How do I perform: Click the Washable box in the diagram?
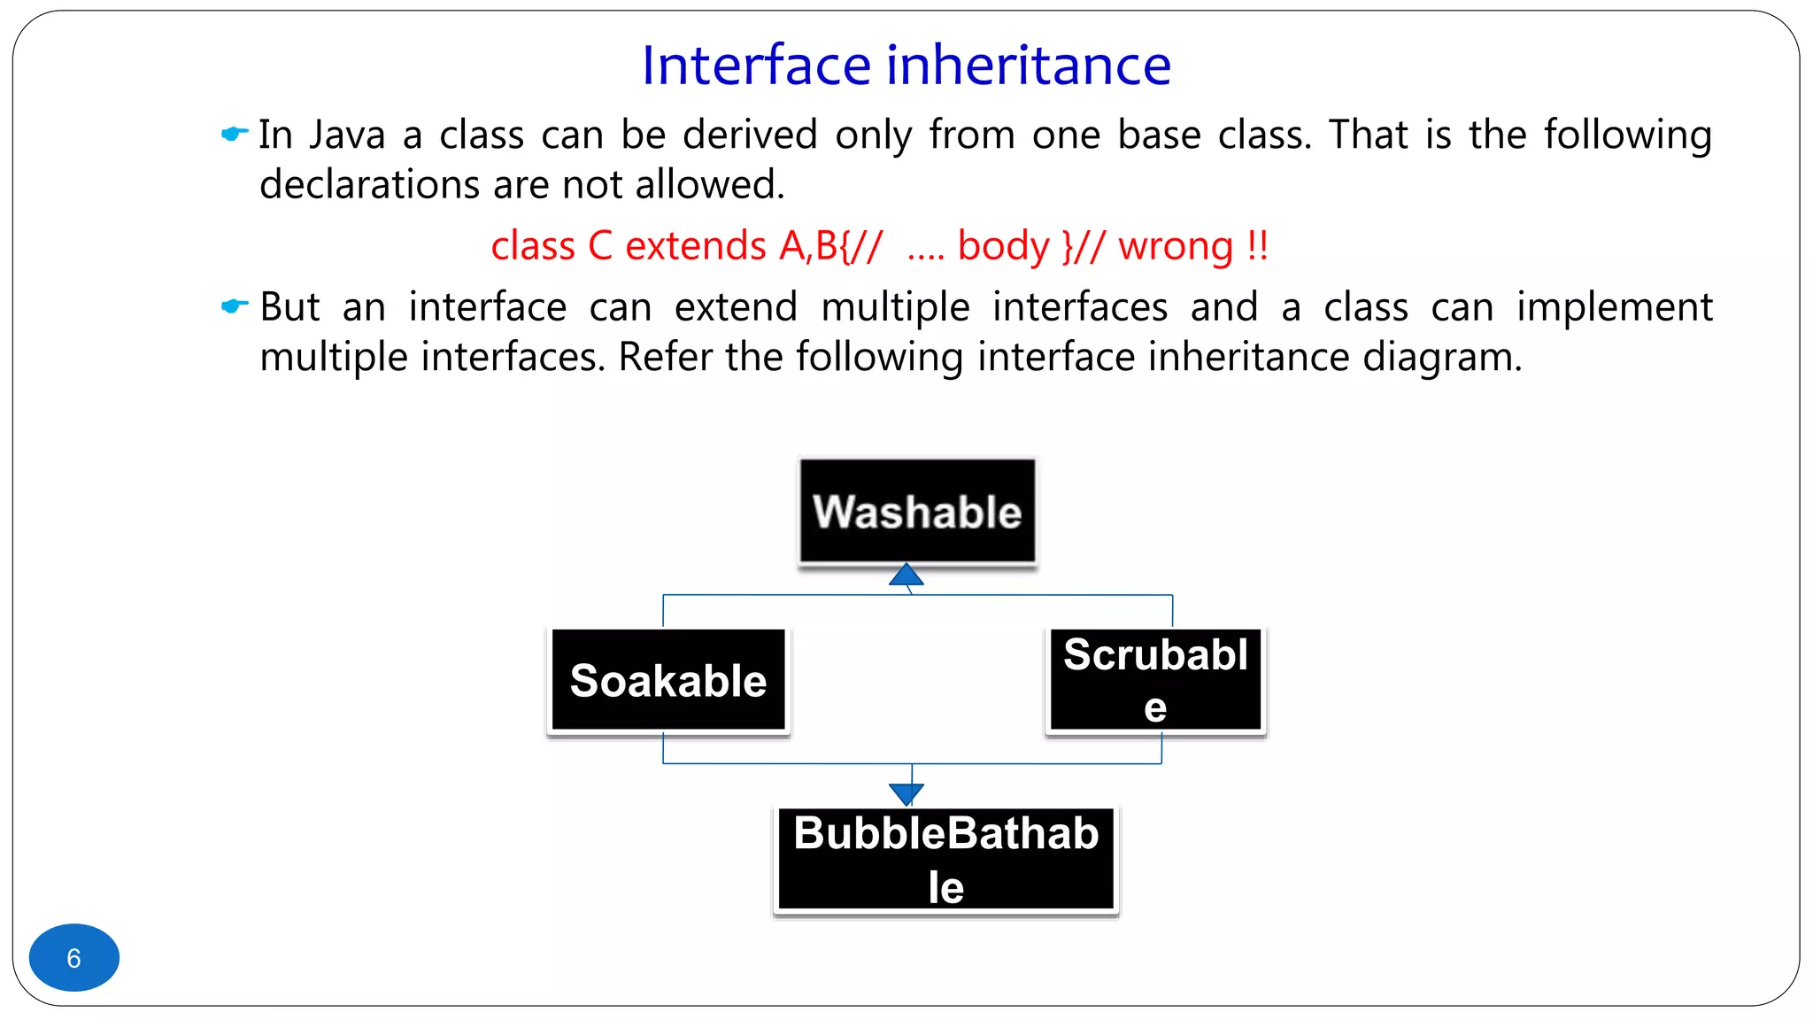click(x=917, y=512)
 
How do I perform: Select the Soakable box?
click(x=668, y=680)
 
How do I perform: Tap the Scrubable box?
click(x=1155, y=680)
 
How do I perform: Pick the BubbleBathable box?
click(x=945, y=859)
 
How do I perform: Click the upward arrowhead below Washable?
click(x=906, y=576)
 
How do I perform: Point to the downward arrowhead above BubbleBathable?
click(x=906, y=793)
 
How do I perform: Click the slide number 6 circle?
click(x=74, y=957)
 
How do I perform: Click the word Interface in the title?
click(x=757, y=66)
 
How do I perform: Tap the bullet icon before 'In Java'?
click(x=234, y=134)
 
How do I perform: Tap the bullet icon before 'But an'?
click(x=234, y=306)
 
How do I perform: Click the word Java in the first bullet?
click(x=347, y=135)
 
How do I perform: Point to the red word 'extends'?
click(x=696, y=246)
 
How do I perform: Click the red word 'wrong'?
click(x=1176, y=246)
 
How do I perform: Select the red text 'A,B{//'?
click(x=830, y=246)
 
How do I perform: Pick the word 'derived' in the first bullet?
click(x=750, y=135)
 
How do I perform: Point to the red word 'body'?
click(x=1003, y=246)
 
